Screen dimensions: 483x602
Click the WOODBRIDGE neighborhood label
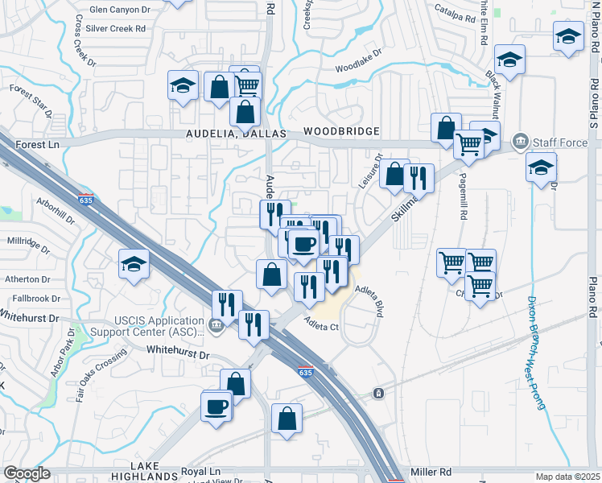[x=341, y=131]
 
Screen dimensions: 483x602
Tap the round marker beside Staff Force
[x=519, y=142]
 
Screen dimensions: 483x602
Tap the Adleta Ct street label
[x=322, y=327]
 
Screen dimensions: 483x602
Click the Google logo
[x=27, y=473]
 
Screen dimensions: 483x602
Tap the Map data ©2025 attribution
[x=567, y=477]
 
